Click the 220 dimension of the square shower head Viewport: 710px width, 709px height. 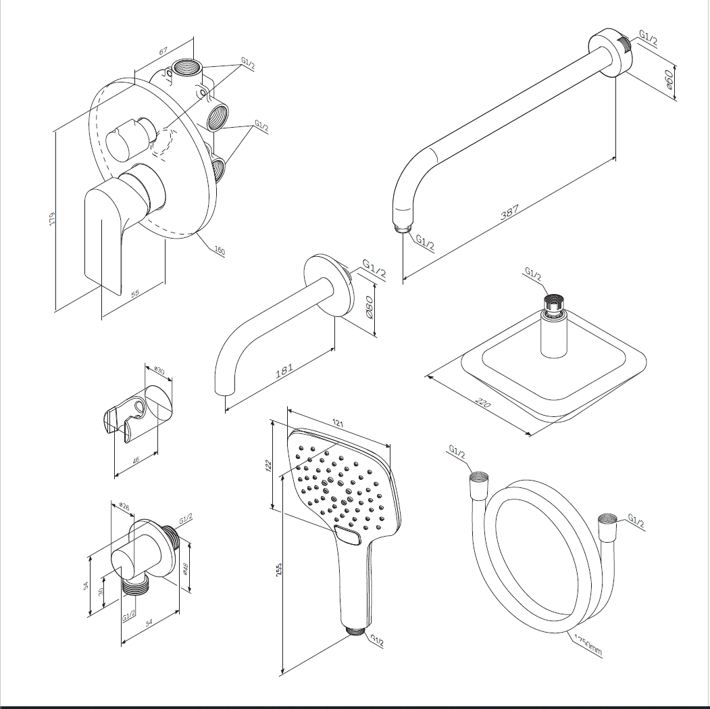click(482, 403)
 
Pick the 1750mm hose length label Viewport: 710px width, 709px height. click(587, 645)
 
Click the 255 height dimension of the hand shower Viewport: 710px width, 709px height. click(278, 569)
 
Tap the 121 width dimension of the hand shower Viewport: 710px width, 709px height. click(338, 424)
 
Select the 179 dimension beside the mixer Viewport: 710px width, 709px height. click(52, 219)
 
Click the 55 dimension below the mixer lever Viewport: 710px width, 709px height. click(134, 293)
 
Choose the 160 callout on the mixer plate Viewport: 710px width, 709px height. click(219, 251)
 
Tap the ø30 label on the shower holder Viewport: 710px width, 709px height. click(159, 370)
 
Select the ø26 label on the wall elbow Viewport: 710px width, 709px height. click(124, 504)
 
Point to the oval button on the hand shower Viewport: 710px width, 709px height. click(349, 537)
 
